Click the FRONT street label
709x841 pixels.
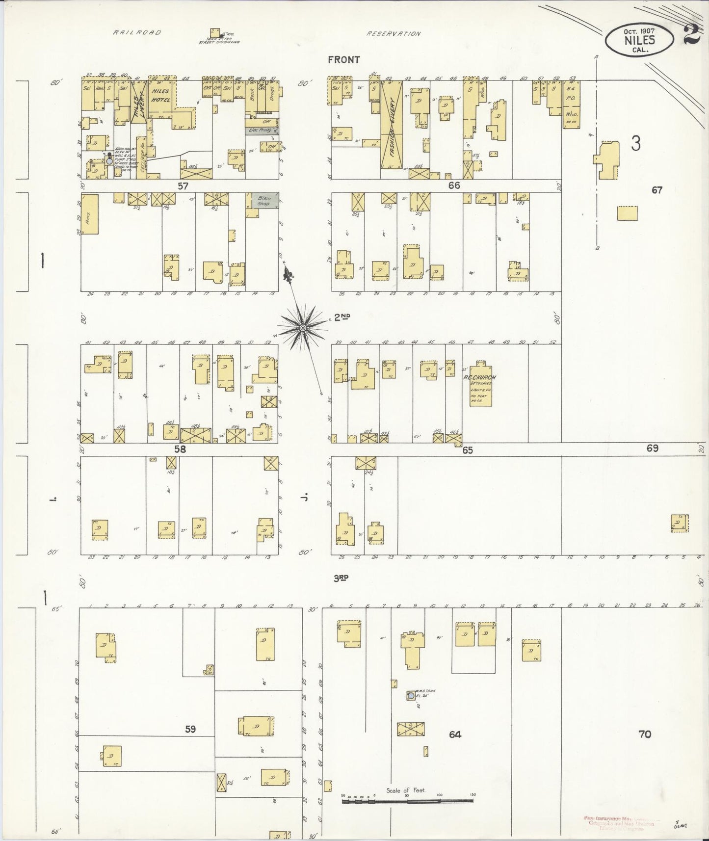[x=344, y=60]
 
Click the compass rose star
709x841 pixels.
[x=303, y=327]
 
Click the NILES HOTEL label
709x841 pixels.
[x=160, y=95]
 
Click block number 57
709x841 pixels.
[x=183, y=186]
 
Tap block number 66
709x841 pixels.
[x=454, y=185]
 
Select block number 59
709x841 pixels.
[x=190, y=729]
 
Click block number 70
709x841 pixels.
[x=645, y=734]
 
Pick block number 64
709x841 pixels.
[x=455, y=734]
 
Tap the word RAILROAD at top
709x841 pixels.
[x=137, y=32]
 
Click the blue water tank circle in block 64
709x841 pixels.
[x=410, y=695]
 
